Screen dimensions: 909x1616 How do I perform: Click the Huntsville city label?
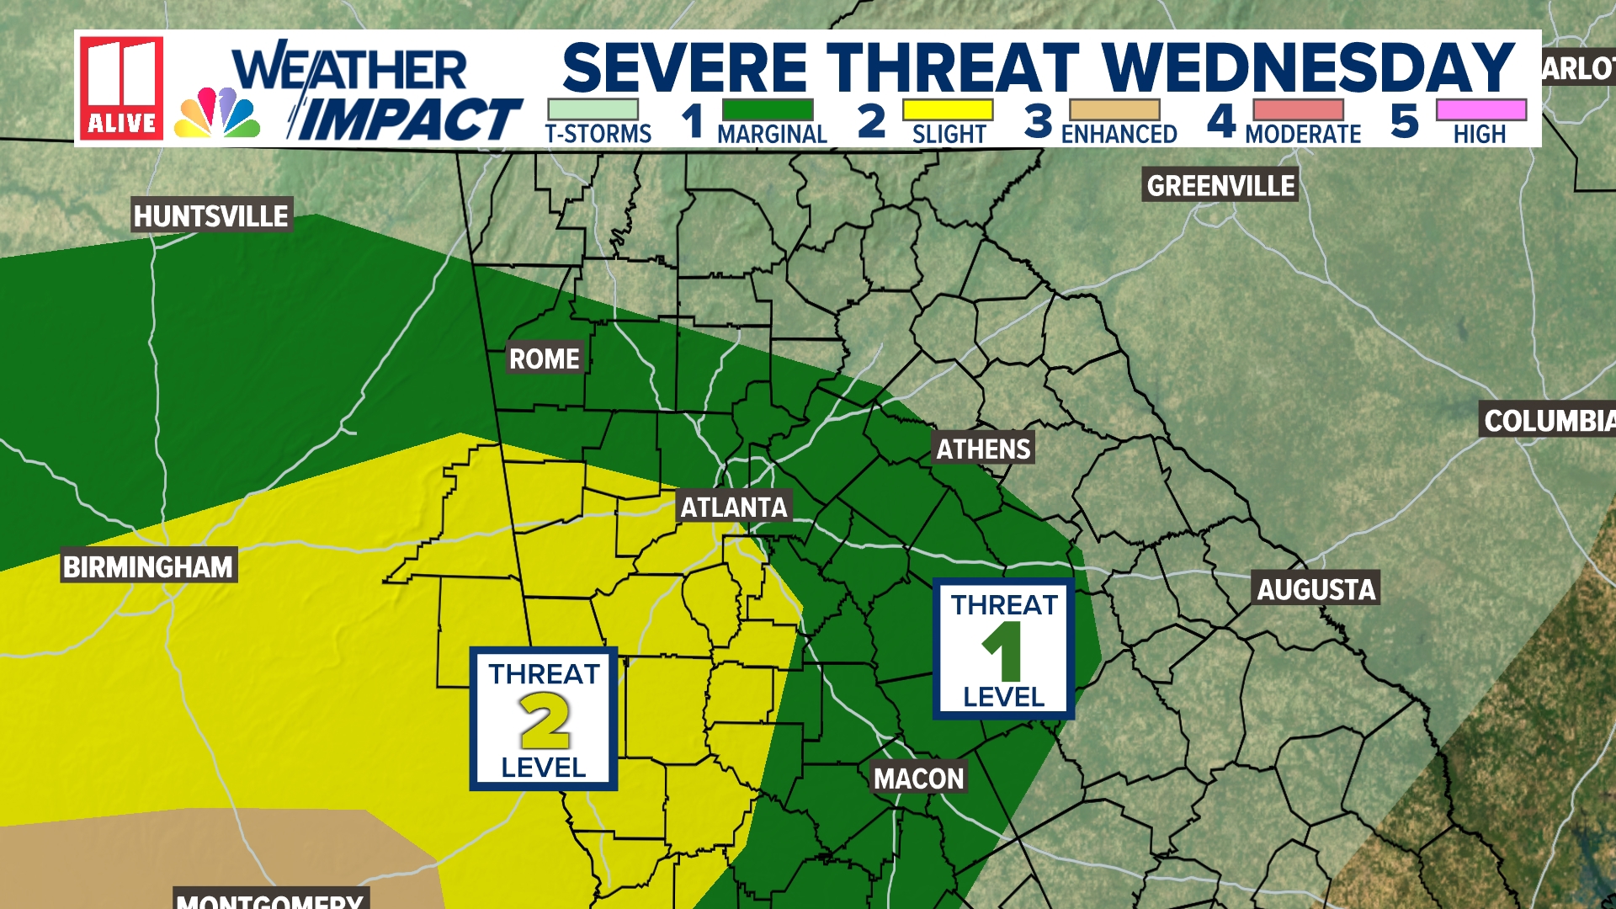[x=211, y=216]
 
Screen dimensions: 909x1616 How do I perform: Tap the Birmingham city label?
[x=148, y=566]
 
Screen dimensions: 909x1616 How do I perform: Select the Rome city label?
[x=544, y=359]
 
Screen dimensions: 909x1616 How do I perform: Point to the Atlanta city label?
[x=734, y=508]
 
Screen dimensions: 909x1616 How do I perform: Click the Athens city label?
[x=983, y=449]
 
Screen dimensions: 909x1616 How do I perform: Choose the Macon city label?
[x=918, y=779]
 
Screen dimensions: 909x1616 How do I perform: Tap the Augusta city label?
[x=1316, y=589]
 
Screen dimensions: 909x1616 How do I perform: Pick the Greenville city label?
[x=1220, y=186]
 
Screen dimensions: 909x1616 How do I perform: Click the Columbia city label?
[x=1548, y=421]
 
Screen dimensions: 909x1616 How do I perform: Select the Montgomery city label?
[x=270, y=899]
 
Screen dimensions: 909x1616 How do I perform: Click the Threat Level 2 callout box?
[x=544, y=719]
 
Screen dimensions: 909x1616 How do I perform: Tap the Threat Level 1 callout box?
[x=1003, y=649]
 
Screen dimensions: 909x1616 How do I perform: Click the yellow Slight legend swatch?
[x=947, y=110]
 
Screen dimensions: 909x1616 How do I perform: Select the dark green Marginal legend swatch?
[x=768, y=110]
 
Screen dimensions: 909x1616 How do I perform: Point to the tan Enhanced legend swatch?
[x=1114, y=110]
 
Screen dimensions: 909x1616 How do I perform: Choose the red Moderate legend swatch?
[x=1298, y=110]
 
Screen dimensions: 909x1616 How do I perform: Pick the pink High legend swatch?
[x=1480, y=110]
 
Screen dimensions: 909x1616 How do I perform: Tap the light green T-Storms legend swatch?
[x=593, y=110]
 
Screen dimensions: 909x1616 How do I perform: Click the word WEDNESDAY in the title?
[x=1308, y=67]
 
